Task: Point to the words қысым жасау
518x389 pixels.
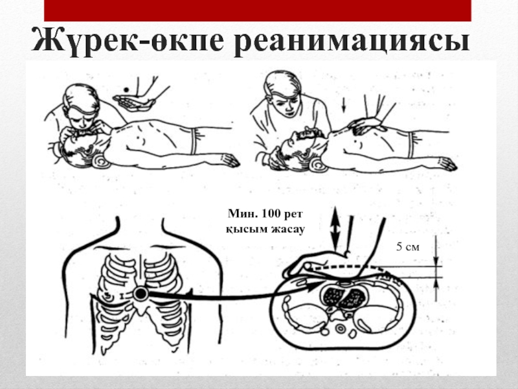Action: (x=266, y=228)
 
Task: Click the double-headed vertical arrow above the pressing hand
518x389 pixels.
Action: (x=334, y=224)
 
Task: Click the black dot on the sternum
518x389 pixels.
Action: (x=141, y=294)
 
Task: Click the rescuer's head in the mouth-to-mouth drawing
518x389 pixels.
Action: (x=81, y=107)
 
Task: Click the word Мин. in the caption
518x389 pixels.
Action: (x=239, y=213)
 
